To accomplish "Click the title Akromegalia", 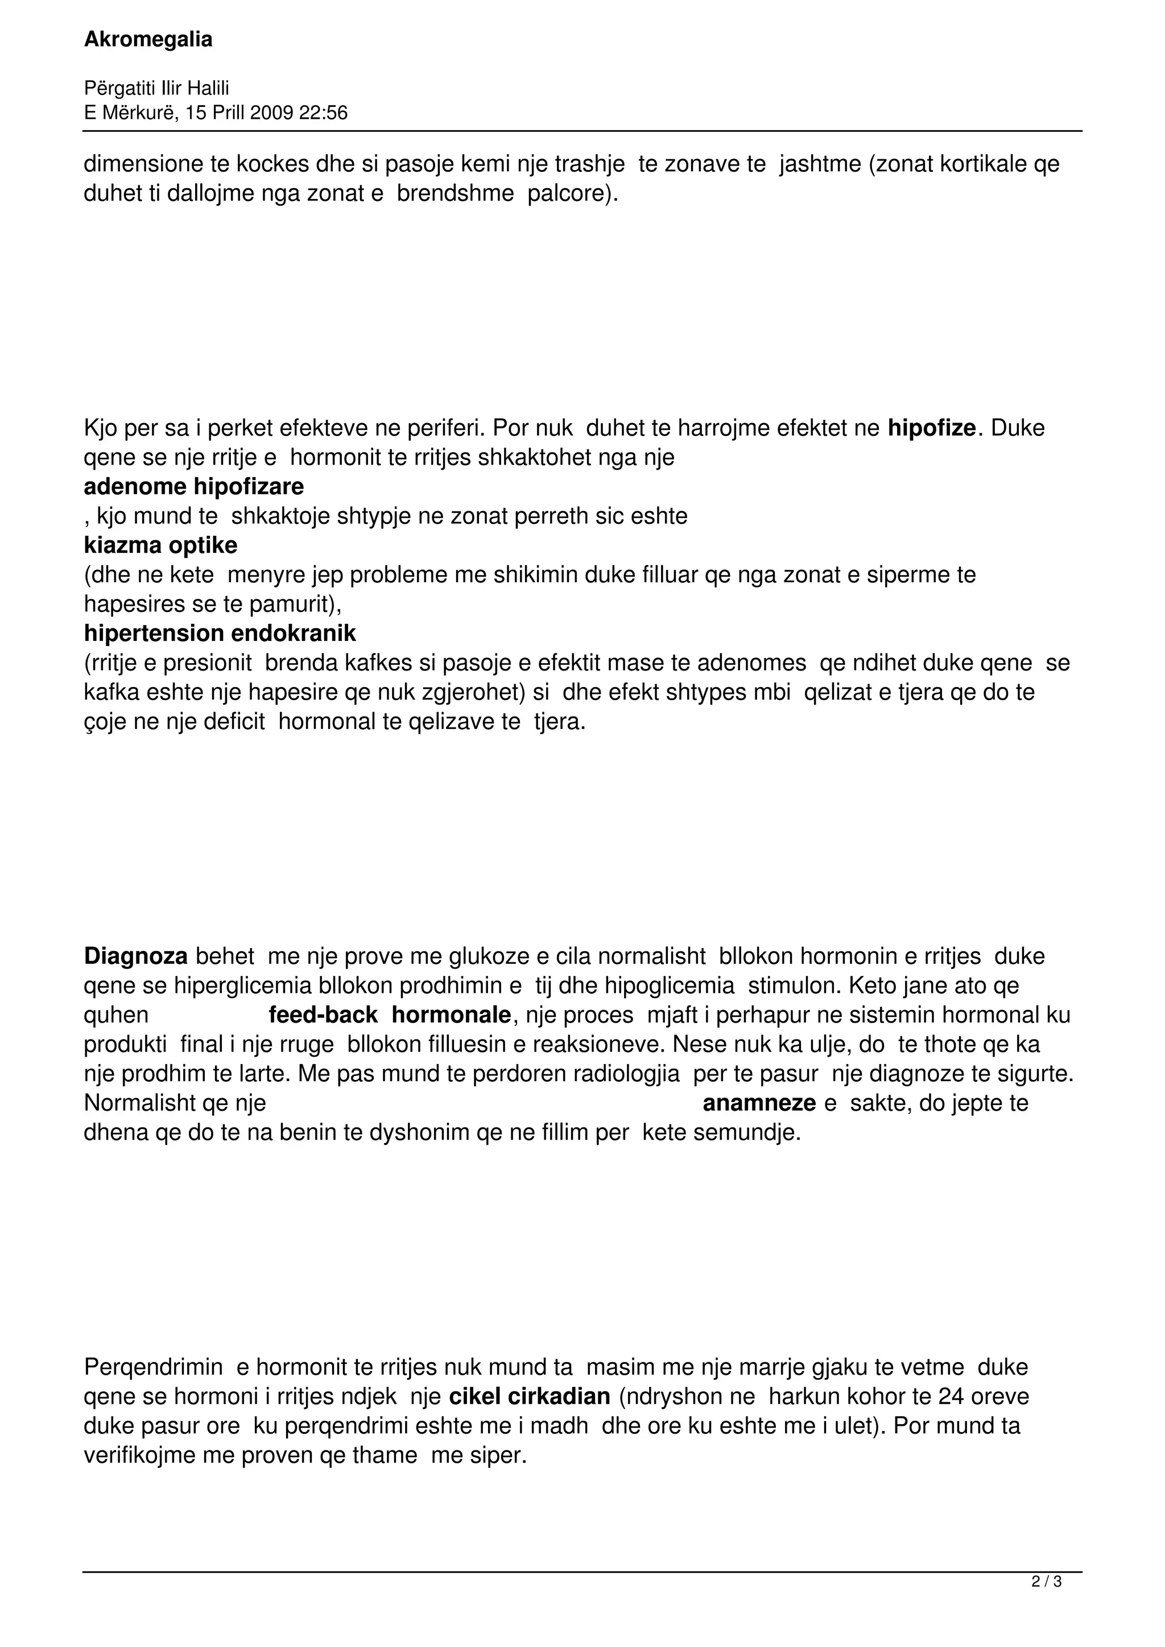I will tap(148, 40).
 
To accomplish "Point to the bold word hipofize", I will tap(932, 428).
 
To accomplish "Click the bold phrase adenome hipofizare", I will tap(193, 487).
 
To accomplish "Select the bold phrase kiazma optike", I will tap(160, 546).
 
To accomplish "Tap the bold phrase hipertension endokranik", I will tap(220, 634).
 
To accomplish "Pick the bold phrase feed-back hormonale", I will tap(390, 1016).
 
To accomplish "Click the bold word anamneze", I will tap(759, 1103).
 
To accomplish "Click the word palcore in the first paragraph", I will tap(569, 195).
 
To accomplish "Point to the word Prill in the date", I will tap(229, 113).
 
